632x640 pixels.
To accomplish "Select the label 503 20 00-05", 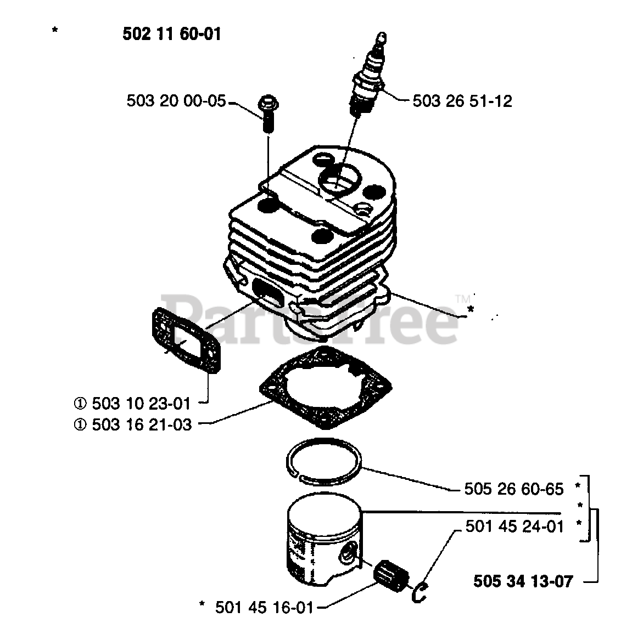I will click(176, 101).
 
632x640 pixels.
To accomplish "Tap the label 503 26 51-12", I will click(462, 101).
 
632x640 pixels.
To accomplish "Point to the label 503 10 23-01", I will click(141, 404).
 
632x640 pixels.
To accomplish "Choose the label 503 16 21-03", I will click(141, 424).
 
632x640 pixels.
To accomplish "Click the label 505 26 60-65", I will click(514, 489).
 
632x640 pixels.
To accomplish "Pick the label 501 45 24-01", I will click(514, 527).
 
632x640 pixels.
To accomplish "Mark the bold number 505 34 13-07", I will click(523, 580).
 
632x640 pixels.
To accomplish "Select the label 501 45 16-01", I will click(264, 607).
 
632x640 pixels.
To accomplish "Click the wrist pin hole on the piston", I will click(347, 557).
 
